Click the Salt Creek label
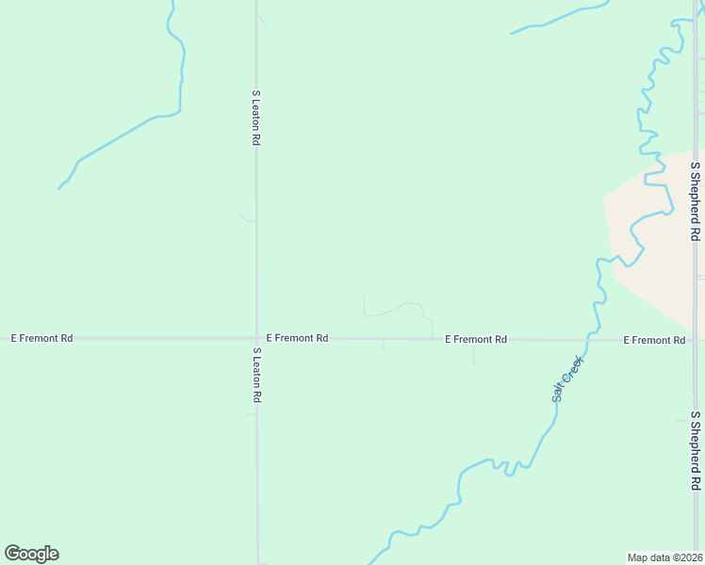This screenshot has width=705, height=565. [568, 379]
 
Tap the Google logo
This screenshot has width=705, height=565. [31, 554]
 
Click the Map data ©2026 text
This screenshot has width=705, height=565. [664, 557]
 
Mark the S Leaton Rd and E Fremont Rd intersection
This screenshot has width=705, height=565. [256, 337]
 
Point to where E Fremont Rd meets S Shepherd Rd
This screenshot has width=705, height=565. [696, 340]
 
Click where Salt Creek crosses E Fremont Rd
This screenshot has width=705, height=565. [588, 339]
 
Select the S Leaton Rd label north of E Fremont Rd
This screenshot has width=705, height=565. [255, 117]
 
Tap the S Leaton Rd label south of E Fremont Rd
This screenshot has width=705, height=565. [255, 375]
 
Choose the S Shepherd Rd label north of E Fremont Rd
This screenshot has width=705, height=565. [695, 201]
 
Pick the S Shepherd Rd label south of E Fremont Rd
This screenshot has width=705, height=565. [695, 450]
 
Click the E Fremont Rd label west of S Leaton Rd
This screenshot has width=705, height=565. [41, 337]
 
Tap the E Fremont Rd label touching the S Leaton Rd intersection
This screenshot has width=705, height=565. [297, 337]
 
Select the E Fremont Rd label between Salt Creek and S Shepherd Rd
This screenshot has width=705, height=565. [654, 340]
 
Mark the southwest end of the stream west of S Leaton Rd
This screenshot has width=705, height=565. [59, 188]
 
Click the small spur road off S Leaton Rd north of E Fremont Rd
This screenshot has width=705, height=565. [247, 218]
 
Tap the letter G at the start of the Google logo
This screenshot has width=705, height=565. [12, 554]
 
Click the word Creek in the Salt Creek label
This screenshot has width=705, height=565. [574, 370]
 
